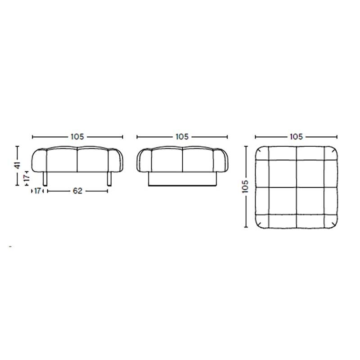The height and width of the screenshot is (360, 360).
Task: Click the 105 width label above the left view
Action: coord(77,137)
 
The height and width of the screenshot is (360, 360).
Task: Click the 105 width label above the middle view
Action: coord(182,137)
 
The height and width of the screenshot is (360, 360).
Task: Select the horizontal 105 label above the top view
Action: coord(297,137)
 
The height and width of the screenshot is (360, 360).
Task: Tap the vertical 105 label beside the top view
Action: coord(245,186)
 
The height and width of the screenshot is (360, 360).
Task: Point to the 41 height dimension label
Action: coord(18,166)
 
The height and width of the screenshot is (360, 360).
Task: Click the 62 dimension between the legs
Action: coord(77,191)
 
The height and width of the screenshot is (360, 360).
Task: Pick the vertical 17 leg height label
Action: coord(27,178)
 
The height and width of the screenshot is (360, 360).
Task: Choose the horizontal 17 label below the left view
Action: coord(37,191)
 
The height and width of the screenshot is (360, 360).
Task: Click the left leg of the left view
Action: coord(45,179)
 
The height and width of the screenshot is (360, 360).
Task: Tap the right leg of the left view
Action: coord(109,179)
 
